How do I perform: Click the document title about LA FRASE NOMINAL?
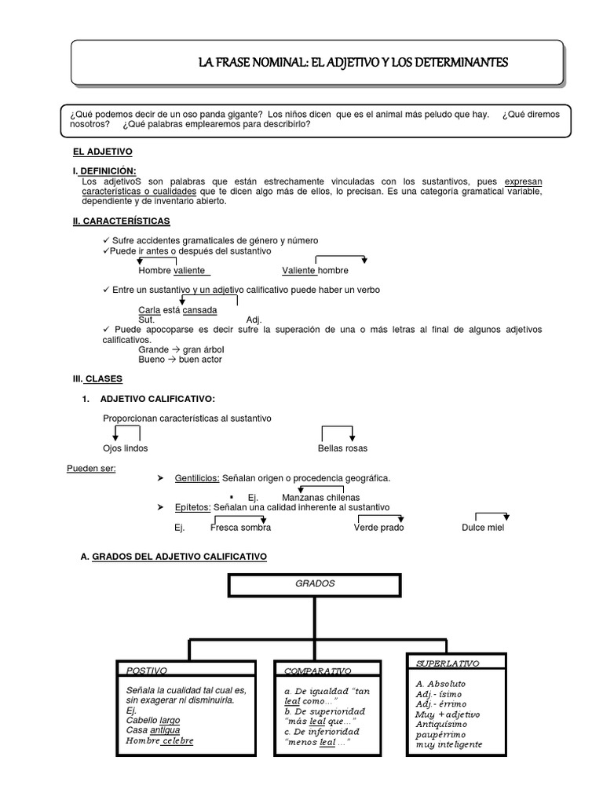[x=353, y=62]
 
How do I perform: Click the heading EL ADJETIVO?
[x=102, y=151]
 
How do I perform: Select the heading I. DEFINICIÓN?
[x=104, y=171]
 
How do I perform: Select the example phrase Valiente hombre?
[x=315, y=271]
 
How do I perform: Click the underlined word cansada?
[x=199, y=310]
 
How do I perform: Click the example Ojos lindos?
[x=125, y=448]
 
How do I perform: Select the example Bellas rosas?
[x=342, y=448]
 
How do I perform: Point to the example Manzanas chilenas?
[x=320, y=498]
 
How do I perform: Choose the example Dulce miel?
[x=483, y=528]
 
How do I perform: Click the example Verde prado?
[x=379, y=528]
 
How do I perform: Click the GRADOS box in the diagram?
[x=315, y=584]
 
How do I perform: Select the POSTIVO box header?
[x=147, y=671]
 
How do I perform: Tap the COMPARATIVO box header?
[x=317, y=671]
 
